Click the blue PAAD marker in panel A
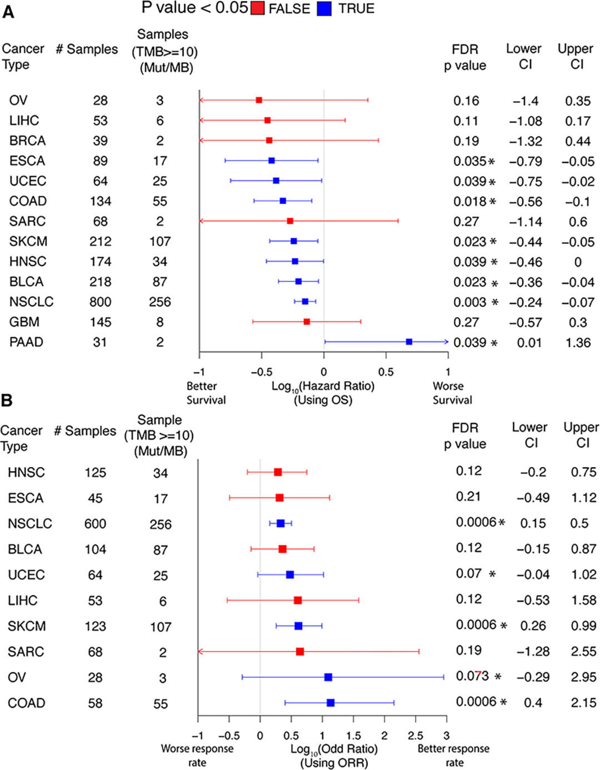click(x=409, y=342)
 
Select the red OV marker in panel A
click(x=259, y=100)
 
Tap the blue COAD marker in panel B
click(x=331, y=703)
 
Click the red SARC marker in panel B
click(x=300, y=652)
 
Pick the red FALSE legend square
click(x=257, y=9)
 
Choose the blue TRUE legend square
click(x=324, y=9)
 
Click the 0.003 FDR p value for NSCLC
click(x=470, y=302)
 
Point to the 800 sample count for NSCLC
click(x=100, y=302)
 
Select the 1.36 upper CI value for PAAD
click(x=578, y=343)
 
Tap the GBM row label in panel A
click(x=24, y=322)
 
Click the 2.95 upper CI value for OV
click(x=583, y=677)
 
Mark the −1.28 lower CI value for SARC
click(x=533, y=652)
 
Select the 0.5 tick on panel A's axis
click(x=386, y=372)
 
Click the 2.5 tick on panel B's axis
click(x=415, y=736)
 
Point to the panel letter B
click(x=7, y=400)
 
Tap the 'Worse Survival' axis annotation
click(x=452, y=393)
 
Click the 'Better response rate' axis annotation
click(x=453, y=755)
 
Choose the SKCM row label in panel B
click(x=27, y=626)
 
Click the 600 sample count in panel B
click(x=95, y=524)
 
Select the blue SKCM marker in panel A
click(x=293, y=241)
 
